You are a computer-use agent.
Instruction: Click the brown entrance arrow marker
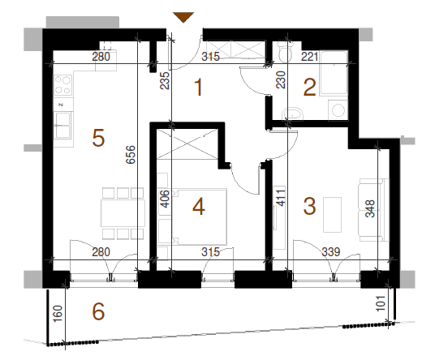click(x=183, y=17)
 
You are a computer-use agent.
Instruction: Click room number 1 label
click(x=199, y=87)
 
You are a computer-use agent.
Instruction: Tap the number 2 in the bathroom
click(x=309, y=87)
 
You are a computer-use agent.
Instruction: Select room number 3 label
click(x=309, y=206)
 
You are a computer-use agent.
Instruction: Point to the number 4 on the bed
click(x=199, y=207)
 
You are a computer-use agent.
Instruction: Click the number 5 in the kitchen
click(x=98, y=138)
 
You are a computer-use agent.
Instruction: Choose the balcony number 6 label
click(x=98, y=311)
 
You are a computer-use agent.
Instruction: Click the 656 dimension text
click(x=131, y=154)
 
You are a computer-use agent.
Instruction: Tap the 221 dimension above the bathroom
click(x=309, y=57)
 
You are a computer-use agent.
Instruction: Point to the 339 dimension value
click(x=331, y=252)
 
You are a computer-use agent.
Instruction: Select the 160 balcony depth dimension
click(x=58, y=314)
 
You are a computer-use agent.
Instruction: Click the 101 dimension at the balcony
click(x=381, y=303)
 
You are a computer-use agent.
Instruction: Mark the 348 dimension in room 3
click(x=370, y=208)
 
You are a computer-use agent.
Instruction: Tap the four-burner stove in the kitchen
click(x=62, y=85)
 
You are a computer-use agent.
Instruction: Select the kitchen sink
click(x=62, y=125)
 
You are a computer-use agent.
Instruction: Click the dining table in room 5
click(x=123, y=213)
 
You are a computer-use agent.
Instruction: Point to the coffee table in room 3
click(x=332, y=215)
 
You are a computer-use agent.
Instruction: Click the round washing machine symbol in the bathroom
click(x=338, y=110)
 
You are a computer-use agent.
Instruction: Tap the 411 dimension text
click(x=281, y=198)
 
